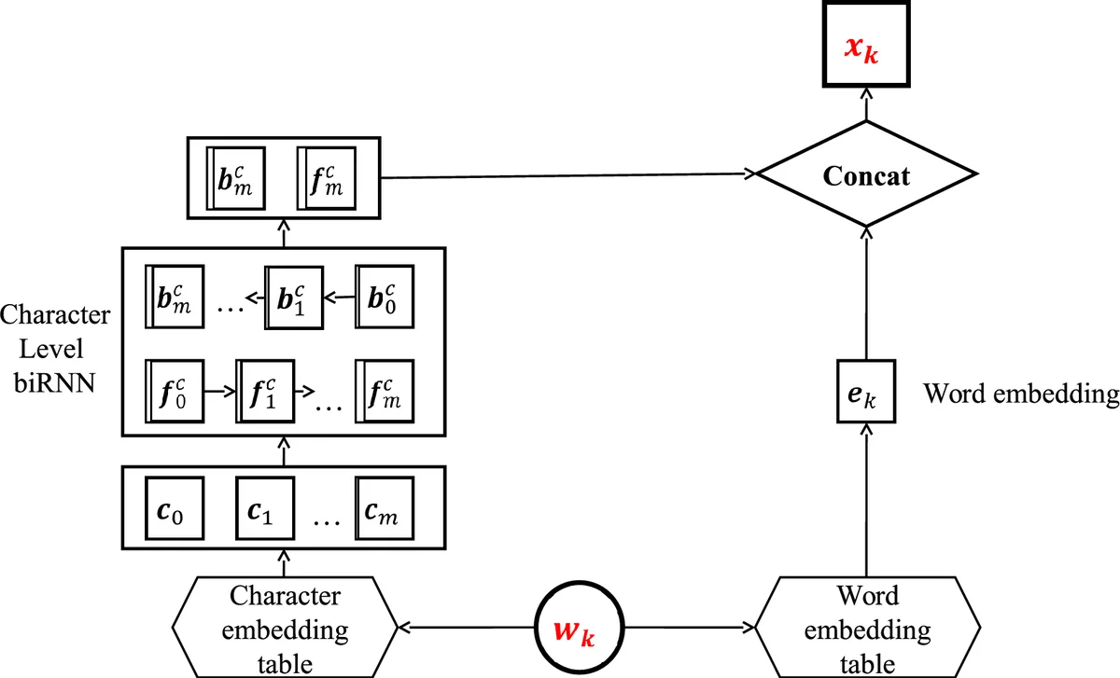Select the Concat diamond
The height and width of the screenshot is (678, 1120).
865,174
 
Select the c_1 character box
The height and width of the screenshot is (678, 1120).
264,509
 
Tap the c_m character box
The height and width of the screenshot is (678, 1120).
382,509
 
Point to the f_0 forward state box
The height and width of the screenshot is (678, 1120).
175,389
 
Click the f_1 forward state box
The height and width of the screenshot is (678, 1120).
264,389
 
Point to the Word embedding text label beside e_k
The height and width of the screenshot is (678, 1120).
1020,394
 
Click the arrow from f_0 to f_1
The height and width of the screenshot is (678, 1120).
219,390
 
